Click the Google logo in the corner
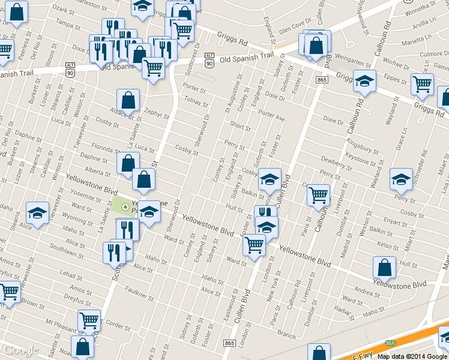click(21, 351)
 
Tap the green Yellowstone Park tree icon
click(125, 207)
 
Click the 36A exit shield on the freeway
click(390, 343)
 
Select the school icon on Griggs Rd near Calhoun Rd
click(364, 81)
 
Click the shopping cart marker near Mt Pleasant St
click(89, 322)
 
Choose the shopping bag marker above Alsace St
click(128, 100)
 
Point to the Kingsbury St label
click(360, 146)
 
